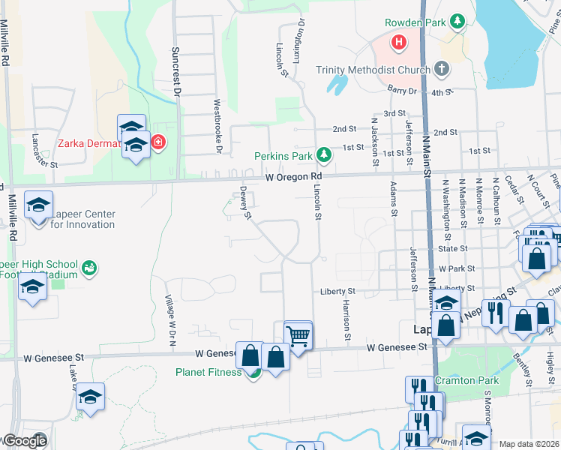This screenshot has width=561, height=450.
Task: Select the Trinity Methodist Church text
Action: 373,70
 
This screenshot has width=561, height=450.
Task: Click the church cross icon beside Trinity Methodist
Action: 442,70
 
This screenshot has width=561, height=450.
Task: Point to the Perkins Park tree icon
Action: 323,155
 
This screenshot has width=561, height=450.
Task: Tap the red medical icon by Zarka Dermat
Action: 157,141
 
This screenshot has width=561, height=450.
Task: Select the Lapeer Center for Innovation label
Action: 83,219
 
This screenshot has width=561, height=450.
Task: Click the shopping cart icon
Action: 298,335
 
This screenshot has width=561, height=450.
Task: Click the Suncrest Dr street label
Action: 178,75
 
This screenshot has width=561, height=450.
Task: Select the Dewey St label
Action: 244,203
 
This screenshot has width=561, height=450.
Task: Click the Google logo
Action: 24,440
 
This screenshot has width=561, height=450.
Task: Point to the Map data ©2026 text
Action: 529,444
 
